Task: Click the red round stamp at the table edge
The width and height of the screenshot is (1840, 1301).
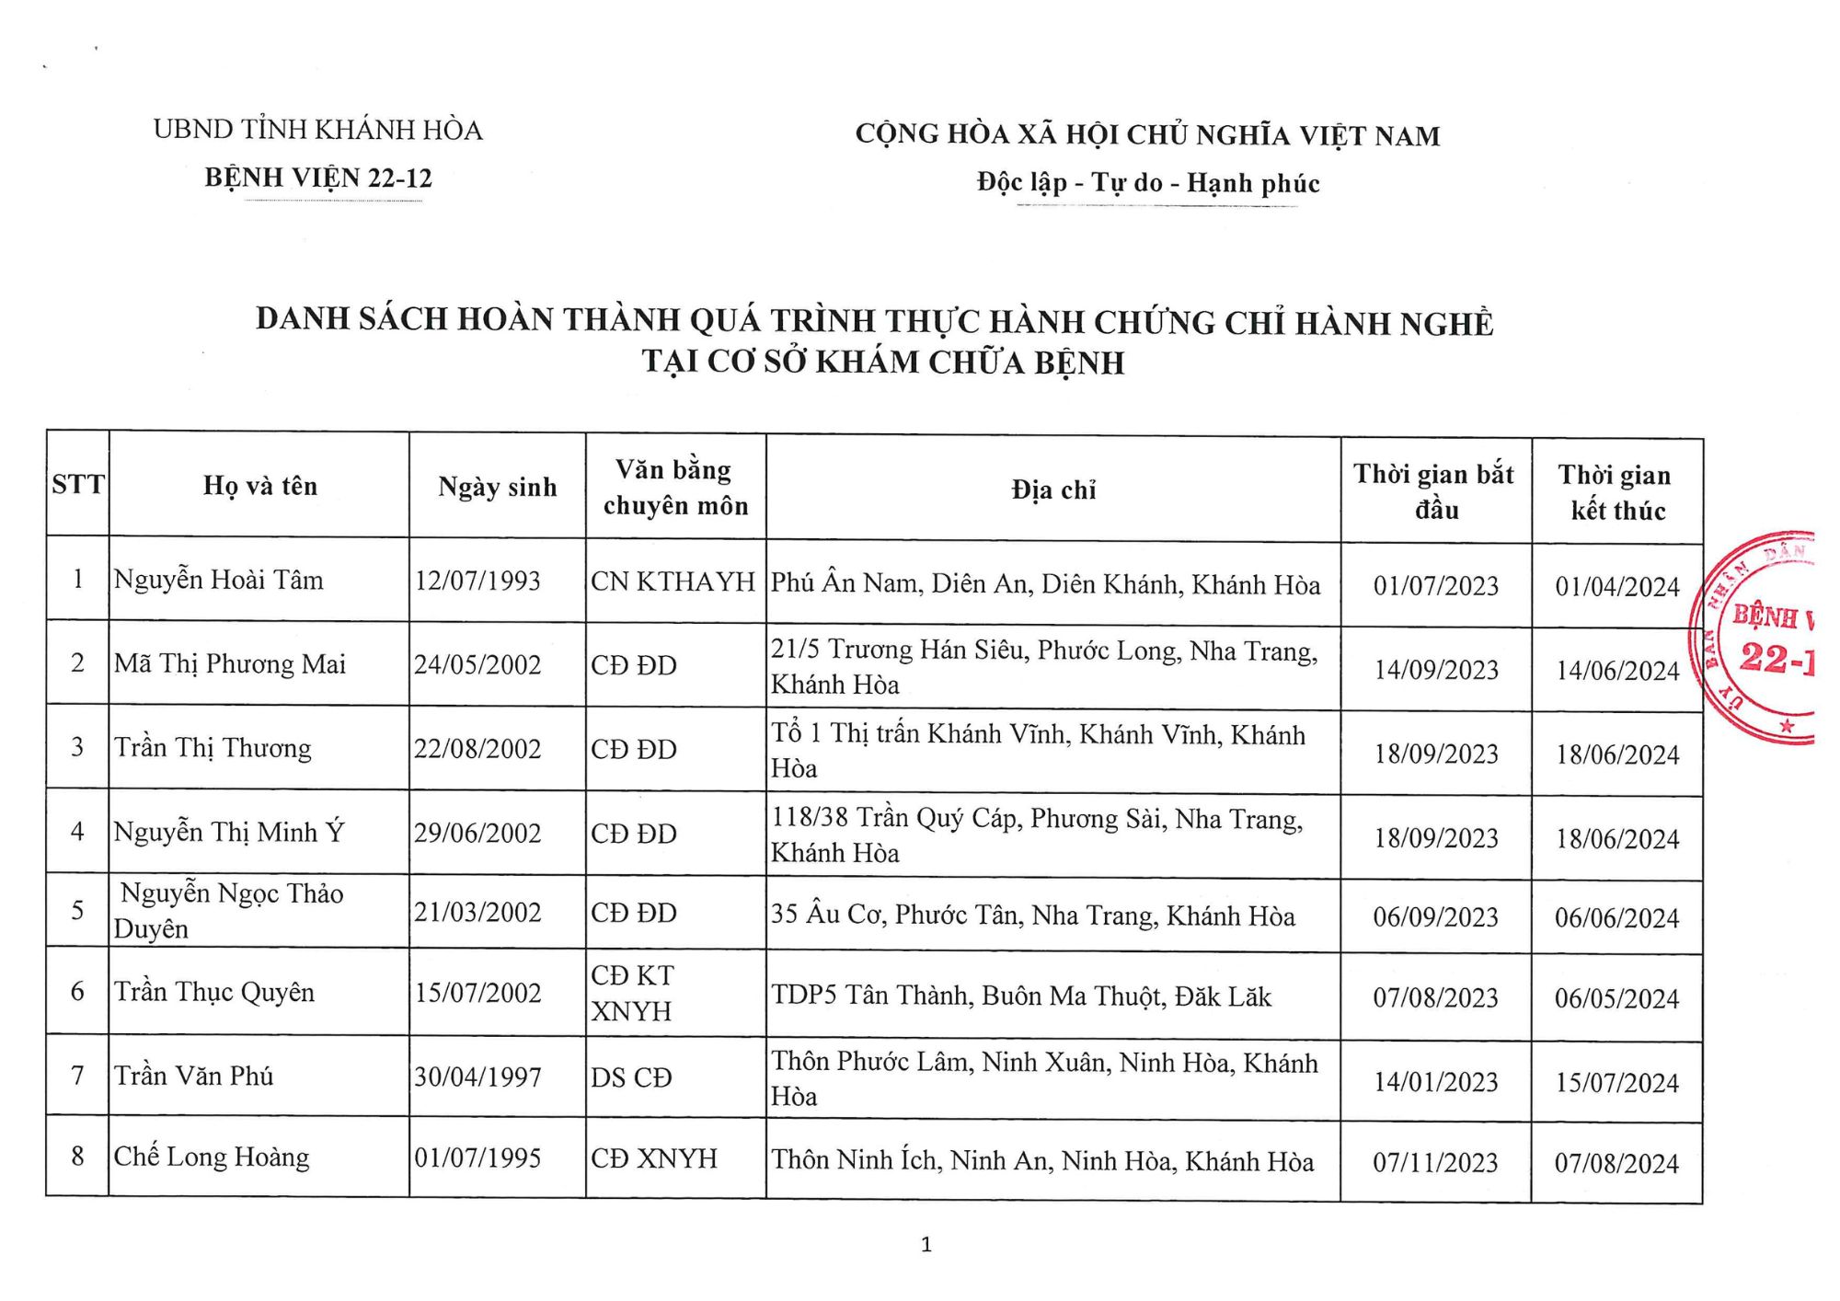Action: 1757,638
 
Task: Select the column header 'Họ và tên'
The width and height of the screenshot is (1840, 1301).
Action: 260,486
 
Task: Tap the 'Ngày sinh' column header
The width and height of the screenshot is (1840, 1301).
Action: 497,487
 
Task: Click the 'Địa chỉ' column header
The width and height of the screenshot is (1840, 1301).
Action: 1053,490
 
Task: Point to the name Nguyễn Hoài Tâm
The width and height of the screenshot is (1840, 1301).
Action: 219,581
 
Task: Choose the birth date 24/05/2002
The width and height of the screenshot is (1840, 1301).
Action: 477,664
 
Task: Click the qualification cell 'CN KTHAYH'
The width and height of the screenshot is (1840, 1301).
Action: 673,581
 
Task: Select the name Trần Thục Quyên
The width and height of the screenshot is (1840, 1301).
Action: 214,992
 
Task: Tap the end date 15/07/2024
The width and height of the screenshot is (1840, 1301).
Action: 1616,1083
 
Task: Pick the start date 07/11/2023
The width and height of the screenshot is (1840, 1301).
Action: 1435,1163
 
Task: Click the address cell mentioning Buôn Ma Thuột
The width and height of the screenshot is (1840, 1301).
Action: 1021,996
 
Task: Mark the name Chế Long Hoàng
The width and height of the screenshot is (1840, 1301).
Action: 212,1157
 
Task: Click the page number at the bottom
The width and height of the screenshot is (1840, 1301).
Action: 926,1245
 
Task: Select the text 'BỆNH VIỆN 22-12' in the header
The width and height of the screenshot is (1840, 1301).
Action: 318,178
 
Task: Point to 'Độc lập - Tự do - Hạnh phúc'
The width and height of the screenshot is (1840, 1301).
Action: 1148,183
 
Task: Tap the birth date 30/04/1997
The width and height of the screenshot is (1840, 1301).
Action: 477,1076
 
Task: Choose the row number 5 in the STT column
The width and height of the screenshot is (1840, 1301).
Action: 78,910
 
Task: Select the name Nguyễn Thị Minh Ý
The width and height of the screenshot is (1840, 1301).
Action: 229,832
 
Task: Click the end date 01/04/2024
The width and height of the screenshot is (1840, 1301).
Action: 1617,587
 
